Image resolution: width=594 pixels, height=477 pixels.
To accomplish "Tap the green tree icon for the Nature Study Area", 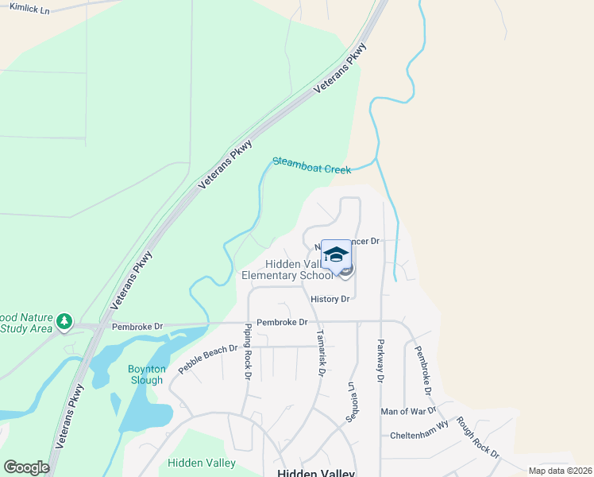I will pyautogui.click(x=64, y=322).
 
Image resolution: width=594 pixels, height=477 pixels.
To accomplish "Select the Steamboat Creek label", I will pyautogui.click(x=311, y=165).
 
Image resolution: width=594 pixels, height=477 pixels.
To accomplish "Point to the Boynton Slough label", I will pyautogui.click(x=147, y=374).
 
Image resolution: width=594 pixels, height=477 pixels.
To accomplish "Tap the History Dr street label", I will pyautogui.click(x=330, y=299).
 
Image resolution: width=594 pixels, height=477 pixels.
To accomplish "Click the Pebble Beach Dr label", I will pyautogui.click(x=208, y=359).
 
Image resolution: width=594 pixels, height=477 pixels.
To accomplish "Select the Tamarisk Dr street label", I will pyautogui.click(x=321, y=353).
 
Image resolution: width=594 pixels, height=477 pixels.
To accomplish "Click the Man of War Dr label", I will pyautogui.click(x=408, y=411).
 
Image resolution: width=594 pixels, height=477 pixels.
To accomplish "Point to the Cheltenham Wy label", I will pyautogui.click(x=419, y=436).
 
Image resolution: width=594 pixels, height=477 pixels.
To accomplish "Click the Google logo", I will pyautogui.click(x=26, y=467).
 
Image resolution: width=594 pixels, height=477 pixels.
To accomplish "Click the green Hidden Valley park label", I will pyautogui.click(x=202, y=463).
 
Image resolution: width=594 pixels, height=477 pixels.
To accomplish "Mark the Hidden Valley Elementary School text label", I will pyautogui.click(x=287, y=270).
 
